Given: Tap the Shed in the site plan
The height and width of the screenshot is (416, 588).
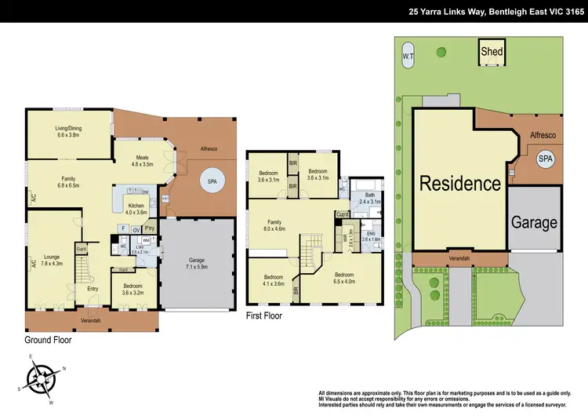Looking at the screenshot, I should (x=492, y=52).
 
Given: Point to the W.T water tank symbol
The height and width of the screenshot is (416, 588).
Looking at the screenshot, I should (x=408, y=57).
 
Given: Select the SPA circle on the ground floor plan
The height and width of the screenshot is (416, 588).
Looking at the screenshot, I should (x=211, y=181).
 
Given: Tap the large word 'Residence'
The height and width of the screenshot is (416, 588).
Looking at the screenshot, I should (x=459, y=184).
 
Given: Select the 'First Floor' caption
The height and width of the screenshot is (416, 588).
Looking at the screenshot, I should (x=265, y=316).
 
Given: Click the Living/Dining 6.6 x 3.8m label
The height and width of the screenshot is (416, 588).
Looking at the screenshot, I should (x=69, y=131).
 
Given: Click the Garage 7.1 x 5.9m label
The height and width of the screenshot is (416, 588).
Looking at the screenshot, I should (x=197, y=264).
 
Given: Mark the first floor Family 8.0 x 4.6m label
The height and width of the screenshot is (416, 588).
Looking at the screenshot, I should (x=274, y=225).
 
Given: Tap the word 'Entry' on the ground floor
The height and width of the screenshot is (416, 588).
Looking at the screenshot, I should (x=93, y=289).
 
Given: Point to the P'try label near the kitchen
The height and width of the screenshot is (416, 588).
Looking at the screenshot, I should (x=149, y=229).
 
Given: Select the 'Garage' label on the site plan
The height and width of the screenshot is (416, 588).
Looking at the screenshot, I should (x=534, y=222).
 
